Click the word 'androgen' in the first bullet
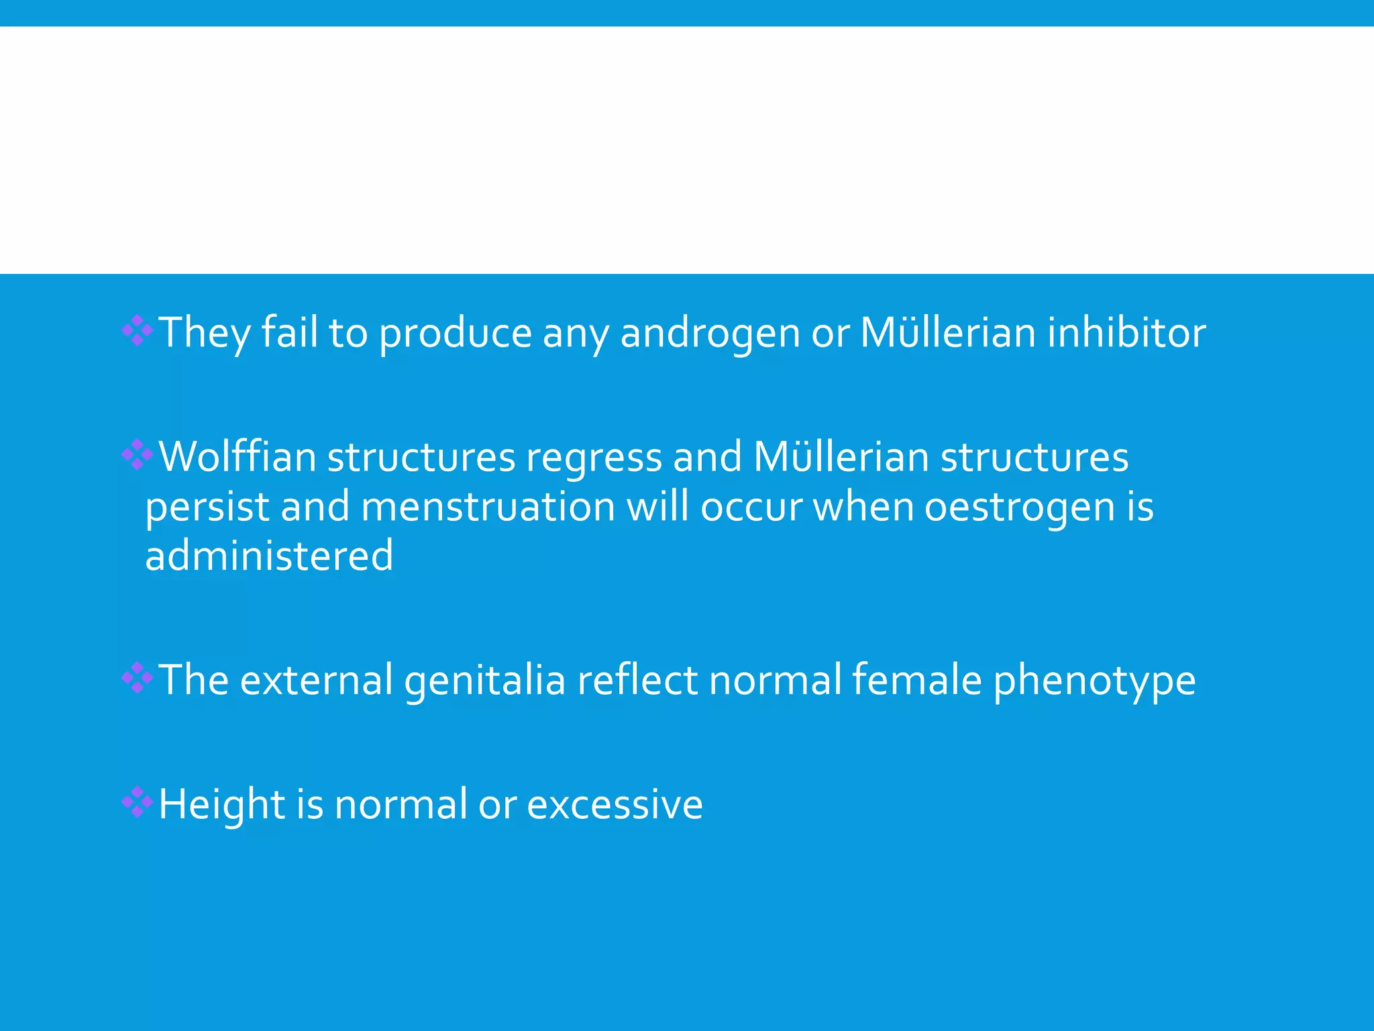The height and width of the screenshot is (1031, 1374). pos(710,333)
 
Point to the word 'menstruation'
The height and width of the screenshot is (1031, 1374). pos(488,507)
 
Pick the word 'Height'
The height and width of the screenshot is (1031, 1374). pos(222,804)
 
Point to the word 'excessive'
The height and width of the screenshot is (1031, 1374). pos(615,804)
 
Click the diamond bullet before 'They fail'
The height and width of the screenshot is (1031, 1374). pos(138,331)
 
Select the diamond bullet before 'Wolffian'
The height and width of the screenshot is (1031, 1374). pos(138,455)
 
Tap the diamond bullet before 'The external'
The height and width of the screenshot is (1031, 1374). pos(138,678)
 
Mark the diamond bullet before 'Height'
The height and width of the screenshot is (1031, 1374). pos(138,802)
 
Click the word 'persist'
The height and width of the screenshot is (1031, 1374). pos(207,507)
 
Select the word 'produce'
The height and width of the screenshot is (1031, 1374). pos(456,333)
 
